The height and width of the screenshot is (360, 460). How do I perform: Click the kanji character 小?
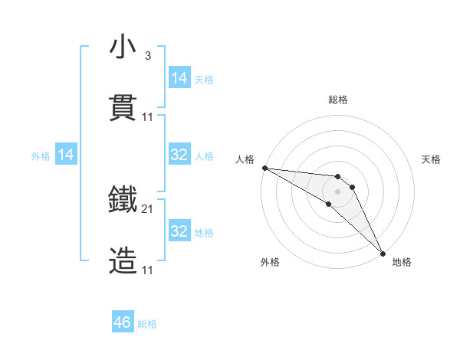click(x=123, y=47)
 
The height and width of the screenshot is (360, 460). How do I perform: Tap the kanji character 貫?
click(x=123, y=108)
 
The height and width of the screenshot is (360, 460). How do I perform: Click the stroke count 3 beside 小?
click(x=147, y=56)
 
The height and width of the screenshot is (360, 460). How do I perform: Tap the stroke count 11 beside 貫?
click(x=148, y=117)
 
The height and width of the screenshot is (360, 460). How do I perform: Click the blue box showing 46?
click(x=123, y=323)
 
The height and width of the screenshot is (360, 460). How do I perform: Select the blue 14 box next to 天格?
click(x=179, y=78)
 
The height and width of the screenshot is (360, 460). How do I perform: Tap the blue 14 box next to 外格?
click(x=66, y=155)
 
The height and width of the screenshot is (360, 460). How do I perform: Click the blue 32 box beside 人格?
click(x=179, y=155)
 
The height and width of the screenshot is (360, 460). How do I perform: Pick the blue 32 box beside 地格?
click(x=179, y=231)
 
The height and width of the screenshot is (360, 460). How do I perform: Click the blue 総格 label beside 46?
click(x=147, y=324)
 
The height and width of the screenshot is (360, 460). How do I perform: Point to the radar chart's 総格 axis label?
click(x=338, y=100)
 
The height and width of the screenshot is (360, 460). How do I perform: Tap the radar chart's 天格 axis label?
click(x=432, y=159)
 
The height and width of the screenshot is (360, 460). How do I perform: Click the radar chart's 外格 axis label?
click(x=270, y=262)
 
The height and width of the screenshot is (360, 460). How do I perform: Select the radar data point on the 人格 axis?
click(x=264, y=168)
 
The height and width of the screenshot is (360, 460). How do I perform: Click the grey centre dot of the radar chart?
click(x=337, y=191)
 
